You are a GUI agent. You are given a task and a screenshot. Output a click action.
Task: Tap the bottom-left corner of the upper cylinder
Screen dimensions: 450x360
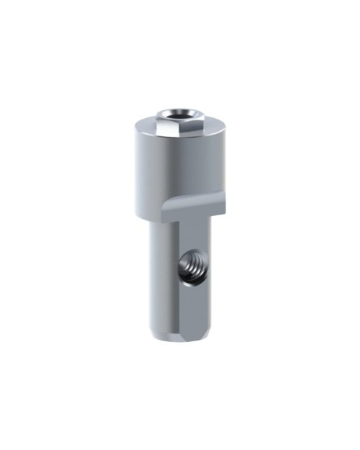pos(135,215)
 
